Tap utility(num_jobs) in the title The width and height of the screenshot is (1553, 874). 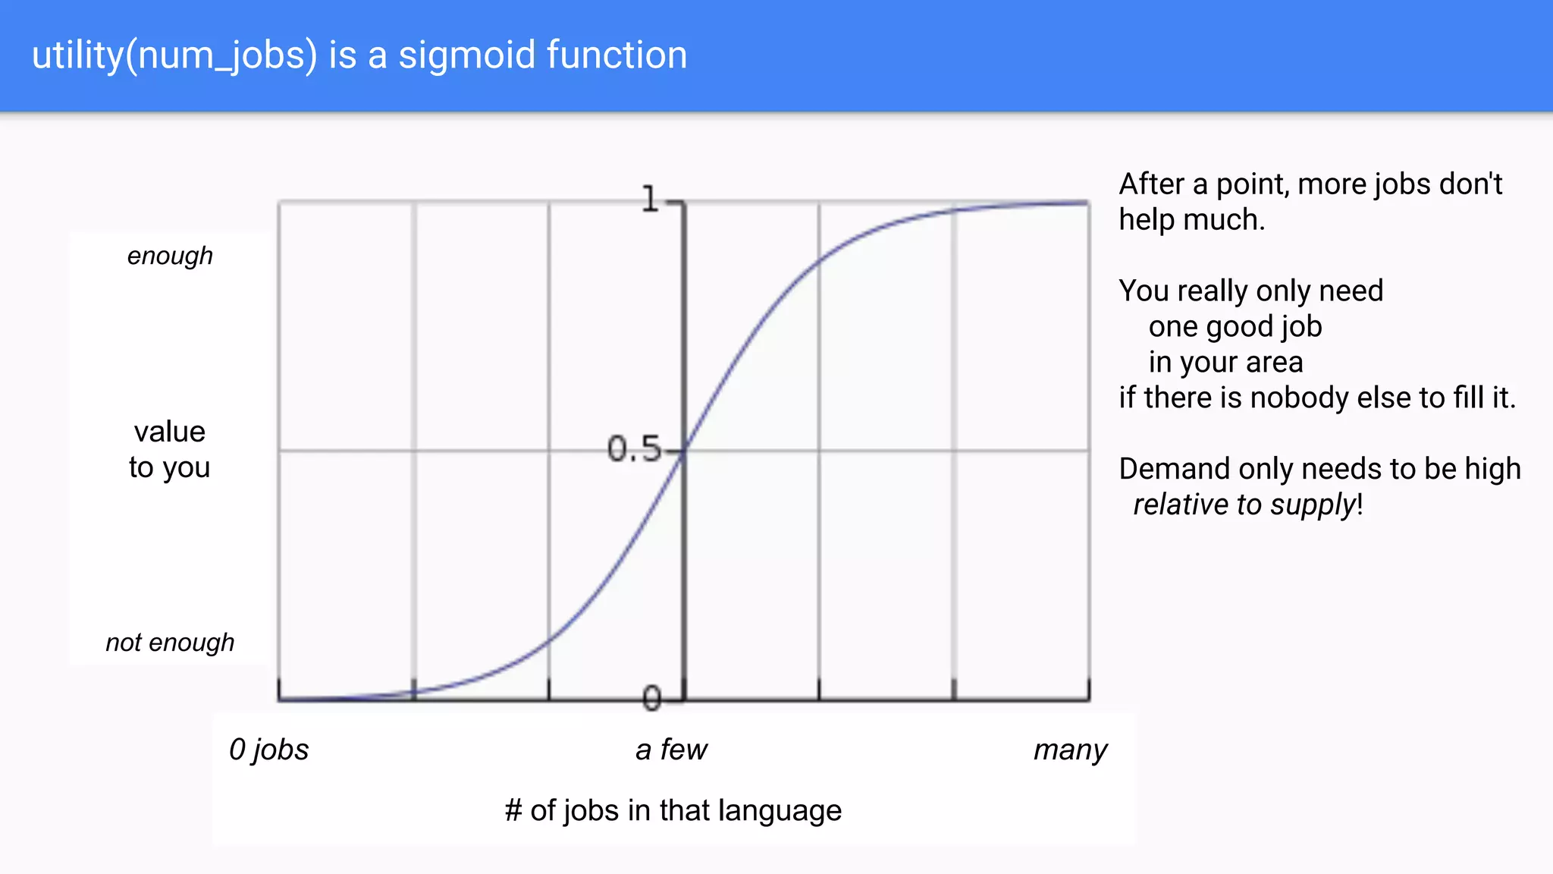(174, 56)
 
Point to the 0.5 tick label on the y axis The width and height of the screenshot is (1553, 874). (633, 449)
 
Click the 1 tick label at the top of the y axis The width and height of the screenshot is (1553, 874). (650, 200)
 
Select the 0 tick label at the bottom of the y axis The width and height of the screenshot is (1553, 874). (651, 698)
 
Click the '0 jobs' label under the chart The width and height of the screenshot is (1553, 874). (268, 750)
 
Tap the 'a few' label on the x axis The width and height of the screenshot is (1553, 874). (671, 750)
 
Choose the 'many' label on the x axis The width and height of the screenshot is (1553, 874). (1070, 750)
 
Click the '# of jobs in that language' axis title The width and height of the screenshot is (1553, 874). (673, 810)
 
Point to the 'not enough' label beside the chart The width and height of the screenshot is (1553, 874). (170, 643)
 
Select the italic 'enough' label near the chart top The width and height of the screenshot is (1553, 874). (170, 256)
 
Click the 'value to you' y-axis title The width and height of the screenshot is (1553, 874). (169, 449)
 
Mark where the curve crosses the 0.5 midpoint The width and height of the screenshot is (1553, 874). (684, 451)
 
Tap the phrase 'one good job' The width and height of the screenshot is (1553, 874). (1235, 327)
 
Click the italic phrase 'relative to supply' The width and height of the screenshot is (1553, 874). (1244, 505)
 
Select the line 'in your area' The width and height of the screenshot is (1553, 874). (1225, 363)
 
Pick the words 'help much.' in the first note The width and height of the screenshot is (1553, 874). (1191, 220)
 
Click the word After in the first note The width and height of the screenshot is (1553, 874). (1152, 184)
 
